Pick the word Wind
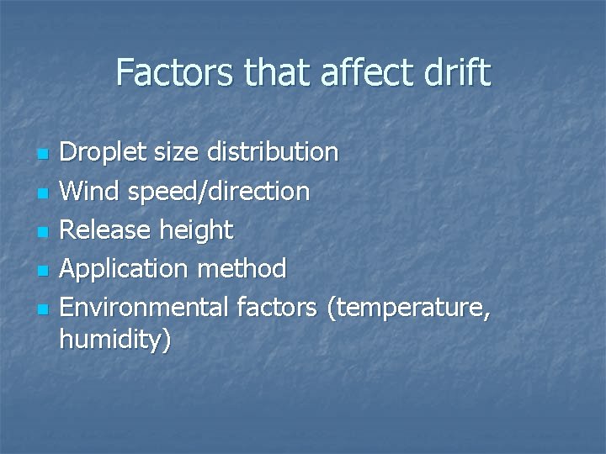tap(91, 192)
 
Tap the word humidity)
tap(115, 340)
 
